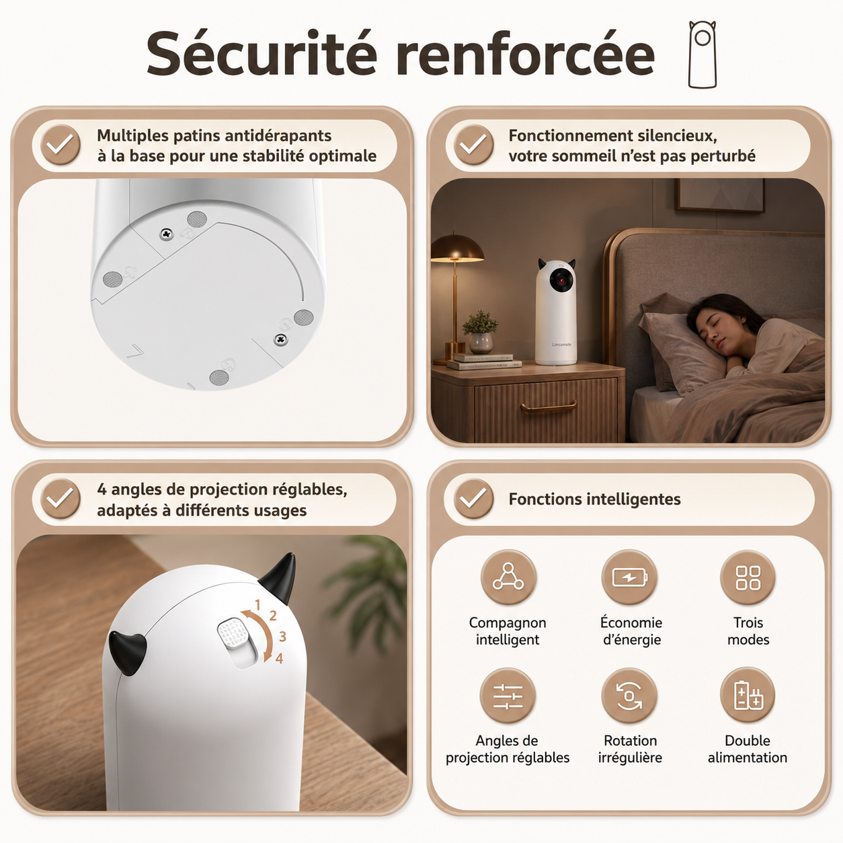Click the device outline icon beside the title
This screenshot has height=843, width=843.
702,54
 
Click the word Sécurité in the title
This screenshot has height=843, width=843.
262,54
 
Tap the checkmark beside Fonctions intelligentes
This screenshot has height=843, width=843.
473,499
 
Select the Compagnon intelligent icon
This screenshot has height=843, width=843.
508,577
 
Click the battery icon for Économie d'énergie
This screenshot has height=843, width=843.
629,577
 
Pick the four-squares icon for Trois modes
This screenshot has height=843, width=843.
748,577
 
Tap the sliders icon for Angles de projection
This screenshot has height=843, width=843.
508,696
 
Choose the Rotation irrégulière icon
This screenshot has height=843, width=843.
629,696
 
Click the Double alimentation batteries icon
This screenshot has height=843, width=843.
748,695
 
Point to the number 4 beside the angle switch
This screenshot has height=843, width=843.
279,658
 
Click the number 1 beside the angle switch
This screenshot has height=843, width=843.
257,605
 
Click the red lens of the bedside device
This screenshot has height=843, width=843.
561,281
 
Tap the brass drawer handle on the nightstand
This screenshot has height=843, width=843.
548,407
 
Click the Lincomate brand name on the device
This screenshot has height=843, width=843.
561,344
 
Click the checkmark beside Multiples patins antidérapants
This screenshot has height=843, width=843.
60,145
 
